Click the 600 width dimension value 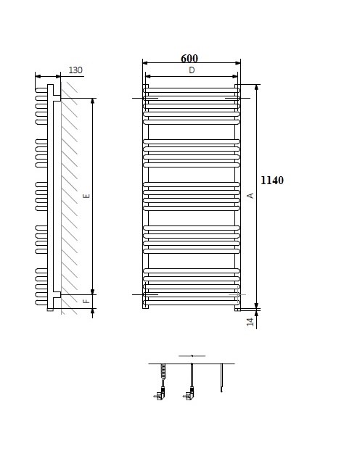tap(189, 59)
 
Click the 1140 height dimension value tap(271, 180)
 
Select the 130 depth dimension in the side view tap(75, 70)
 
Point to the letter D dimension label tap(192, 70)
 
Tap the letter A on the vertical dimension tap(250, 196)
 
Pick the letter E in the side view tap(86, 196)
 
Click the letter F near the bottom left tap(86, 301)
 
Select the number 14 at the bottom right tap(250, 321)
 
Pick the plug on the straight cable tap(190, 396)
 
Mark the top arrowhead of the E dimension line tap(93, 101)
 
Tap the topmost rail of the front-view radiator tap(192, 90)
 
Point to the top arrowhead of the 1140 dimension tap(257, 87)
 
